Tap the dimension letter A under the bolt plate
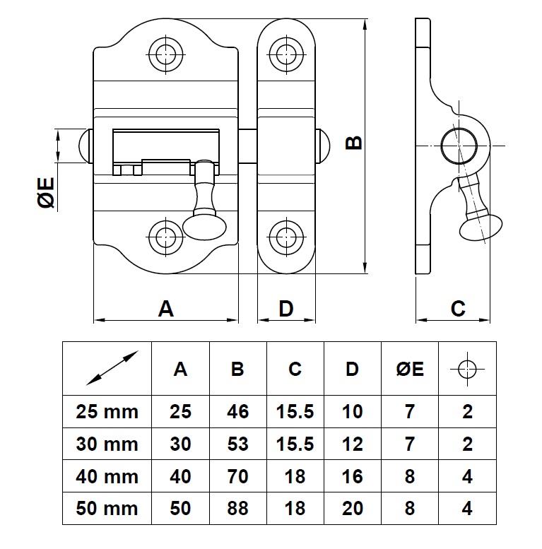(165, 308)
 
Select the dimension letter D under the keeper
(285, 308)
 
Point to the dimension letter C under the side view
(458, 308)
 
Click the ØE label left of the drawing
(46, 193)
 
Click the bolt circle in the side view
(457, 146)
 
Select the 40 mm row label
(107, 476)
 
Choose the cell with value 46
(237, 411)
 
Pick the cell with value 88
(237, 509)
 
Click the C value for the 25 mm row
(295, 411)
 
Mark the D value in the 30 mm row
(352, 444)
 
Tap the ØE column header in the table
(410, 368)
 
